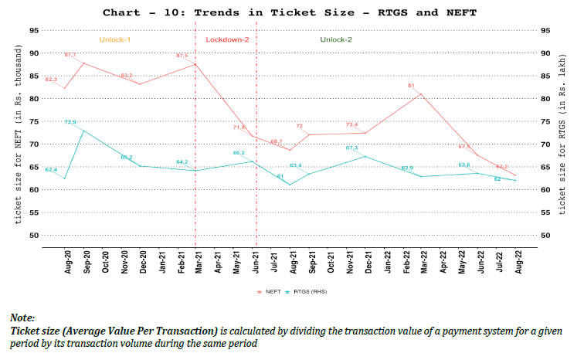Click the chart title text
pyautogui.click(x=291, y=12)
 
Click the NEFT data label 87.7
pyautogui.click(x=70, y=55)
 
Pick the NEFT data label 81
pyautogui.click(x=412, y=86)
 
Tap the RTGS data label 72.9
pyautogui.click(x=70, y=121)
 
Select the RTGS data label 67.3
pyautogui.click(x=351, y=148)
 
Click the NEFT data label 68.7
pyautogui.click(x=277, y=141)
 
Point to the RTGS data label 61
pyautogui.click(x=281, y=177)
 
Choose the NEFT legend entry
pyautogui.click(x=266, y=291)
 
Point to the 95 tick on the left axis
pyautogui.click(x=33, y=30)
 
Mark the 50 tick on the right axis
pyautogui.click(x=545, y=235)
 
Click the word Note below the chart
pyautogui.click(x=22, y=318)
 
